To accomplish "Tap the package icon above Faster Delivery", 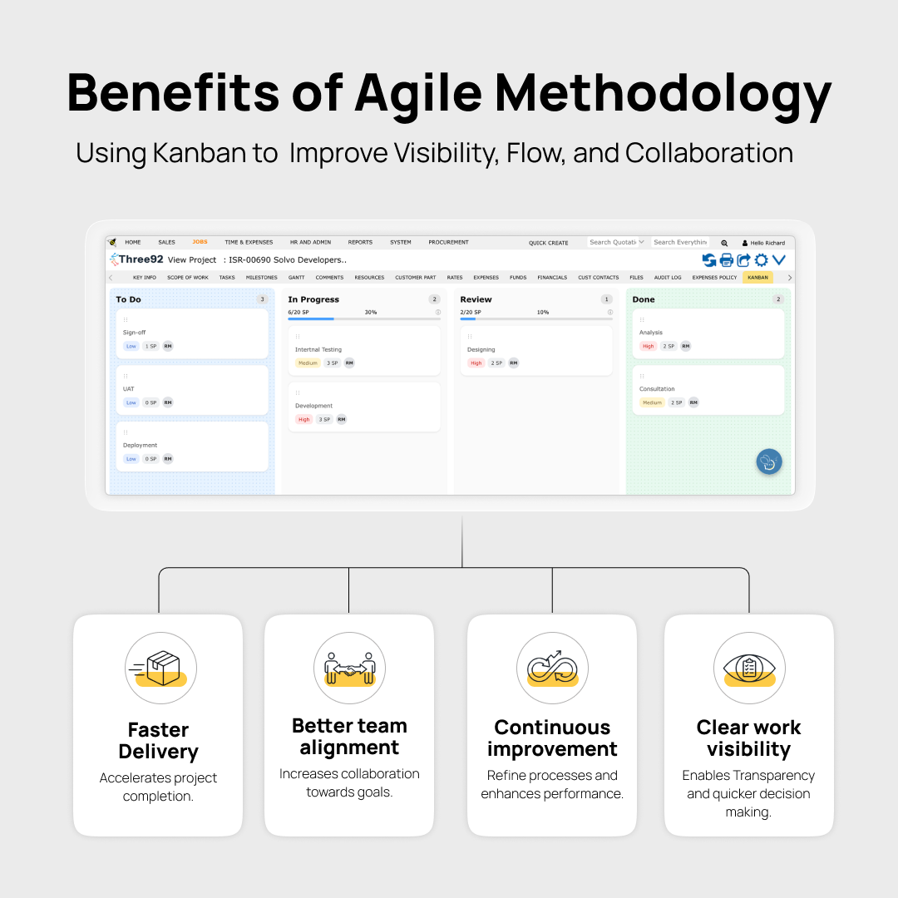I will point(161,668).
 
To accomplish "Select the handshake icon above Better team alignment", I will point(349,668).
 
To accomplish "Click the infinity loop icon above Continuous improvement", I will point(552,668).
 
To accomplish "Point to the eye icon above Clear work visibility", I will point(749,668).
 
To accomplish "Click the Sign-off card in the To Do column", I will point(192,333).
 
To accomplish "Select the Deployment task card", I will point(192,447).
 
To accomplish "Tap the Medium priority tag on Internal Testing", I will point(308,363).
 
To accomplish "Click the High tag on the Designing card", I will point(476,363).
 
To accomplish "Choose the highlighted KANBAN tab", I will point(757,278).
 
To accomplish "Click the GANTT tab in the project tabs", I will point(296,278).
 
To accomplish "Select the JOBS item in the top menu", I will point(200,242).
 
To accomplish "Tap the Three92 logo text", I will point(141,259).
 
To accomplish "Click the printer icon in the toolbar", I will point(727,260).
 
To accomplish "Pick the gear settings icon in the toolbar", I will point(761,260).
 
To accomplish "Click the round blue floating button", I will point(769,462).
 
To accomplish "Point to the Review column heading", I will point(476,299).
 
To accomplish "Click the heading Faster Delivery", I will point(158,741).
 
